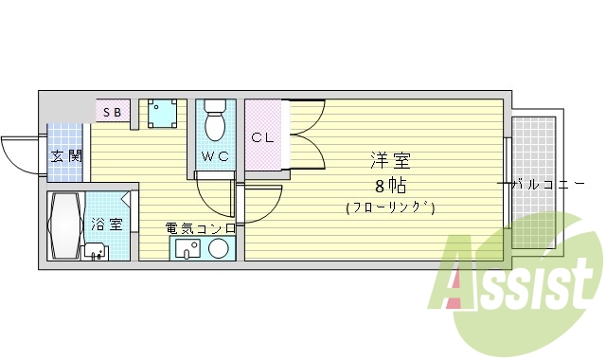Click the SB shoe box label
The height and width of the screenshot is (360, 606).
coord(112,112)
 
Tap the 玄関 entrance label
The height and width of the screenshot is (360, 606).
coord(65,155)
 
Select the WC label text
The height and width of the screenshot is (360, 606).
coord(215,156)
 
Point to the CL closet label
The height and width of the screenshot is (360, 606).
coord(262,137)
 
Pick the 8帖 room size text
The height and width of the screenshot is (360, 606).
coord(390,185)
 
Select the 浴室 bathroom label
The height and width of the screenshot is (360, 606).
coord(106,225)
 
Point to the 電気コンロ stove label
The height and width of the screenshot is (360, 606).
coord(200,227)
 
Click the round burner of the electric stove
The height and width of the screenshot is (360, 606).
coord(219,249)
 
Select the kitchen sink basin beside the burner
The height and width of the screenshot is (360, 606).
coord(187,249)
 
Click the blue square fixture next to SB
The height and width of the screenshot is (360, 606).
coord(163,114)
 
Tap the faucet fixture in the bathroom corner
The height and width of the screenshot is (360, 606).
coord(95,252)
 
